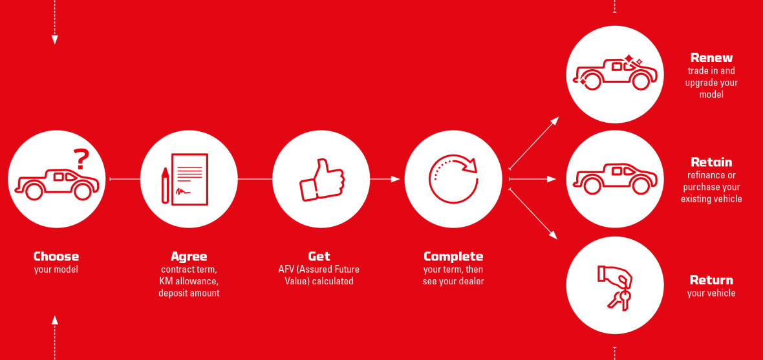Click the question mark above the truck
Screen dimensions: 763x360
(x=81, y=158)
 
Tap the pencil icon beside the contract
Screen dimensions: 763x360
(x=165, y=185)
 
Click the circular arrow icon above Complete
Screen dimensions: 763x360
(x=453, y=178)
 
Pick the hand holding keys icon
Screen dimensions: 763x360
(x=615, y=286)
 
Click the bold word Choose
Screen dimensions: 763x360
(x=56, y=257)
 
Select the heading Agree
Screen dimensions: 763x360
(x=189, y=257)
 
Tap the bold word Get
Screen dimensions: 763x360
(x=319, y=257)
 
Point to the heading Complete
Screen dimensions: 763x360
(x=453, y=257)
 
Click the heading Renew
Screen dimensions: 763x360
(x=711, y=58)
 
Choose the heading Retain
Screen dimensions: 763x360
(x=711, y=162)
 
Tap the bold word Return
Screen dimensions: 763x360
(x=711, y=281)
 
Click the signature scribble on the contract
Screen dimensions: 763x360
(x=184, y=190)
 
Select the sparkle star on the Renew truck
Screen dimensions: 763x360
(x=629, y=60)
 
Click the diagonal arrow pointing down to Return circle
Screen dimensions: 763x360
(x=533, y=214)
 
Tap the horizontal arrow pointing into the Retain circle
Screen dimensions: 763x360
(x=532, y=179)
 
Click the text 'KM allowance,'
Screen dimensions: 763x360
(x=189, y=281)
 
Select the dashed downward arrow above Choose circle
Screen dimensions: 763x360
(x=54, y=22)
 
